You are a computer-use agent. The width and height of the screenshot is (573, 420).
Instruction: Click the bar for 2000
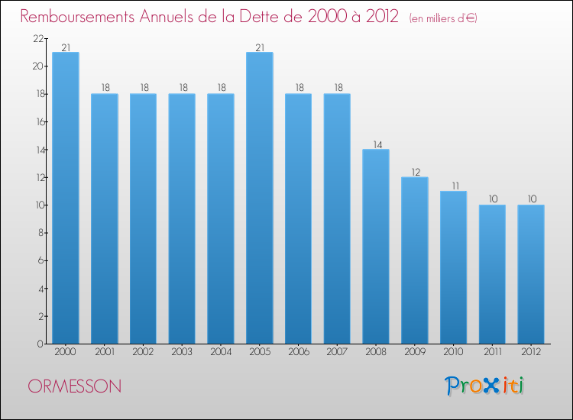pyautogui.click(x=66, y=198)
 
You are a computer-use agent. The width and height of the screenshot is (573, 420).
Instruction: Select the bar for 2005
pyautogui.click(x=260, y=198)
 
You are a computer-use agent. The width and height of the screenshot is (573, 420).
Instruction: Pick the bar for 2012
pyautogui.click(x=531, y=274)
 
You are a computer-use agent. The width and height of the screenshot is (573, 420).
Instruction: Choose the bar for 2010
pyautogui.click(x=453, y=267)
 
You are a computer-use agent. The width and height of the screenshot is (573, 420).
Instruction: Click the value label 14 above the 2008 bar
pyautogui.click(x=376, y=144)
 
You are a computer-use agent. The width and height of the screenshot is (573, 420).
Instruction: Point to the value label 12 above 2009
pyautogui.click(x=415, y=172)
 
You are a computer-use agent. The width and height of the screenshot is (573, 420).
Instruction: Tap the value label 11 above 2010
pyautogui.click(x=453, y=186)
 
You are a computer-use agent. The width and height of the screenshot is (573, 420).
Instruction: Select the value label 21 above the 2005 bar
pyautogui.click(x=260, y=47)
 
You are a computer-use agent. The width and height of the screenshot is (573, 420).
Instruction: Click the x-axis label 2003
pyautogui.click(x=182, y=353)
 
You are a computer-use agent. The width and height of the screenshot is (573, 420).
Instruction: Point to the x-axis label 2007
pyautogui.click(x=337, y=353)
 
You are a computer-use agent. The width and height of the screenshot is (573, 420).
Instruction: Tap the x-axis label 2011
pyautogui.click(x=492, y=353)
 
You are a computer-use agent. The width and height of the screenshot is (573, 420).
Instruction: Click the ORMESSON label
pyautogui.click(x=74, y=386)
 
